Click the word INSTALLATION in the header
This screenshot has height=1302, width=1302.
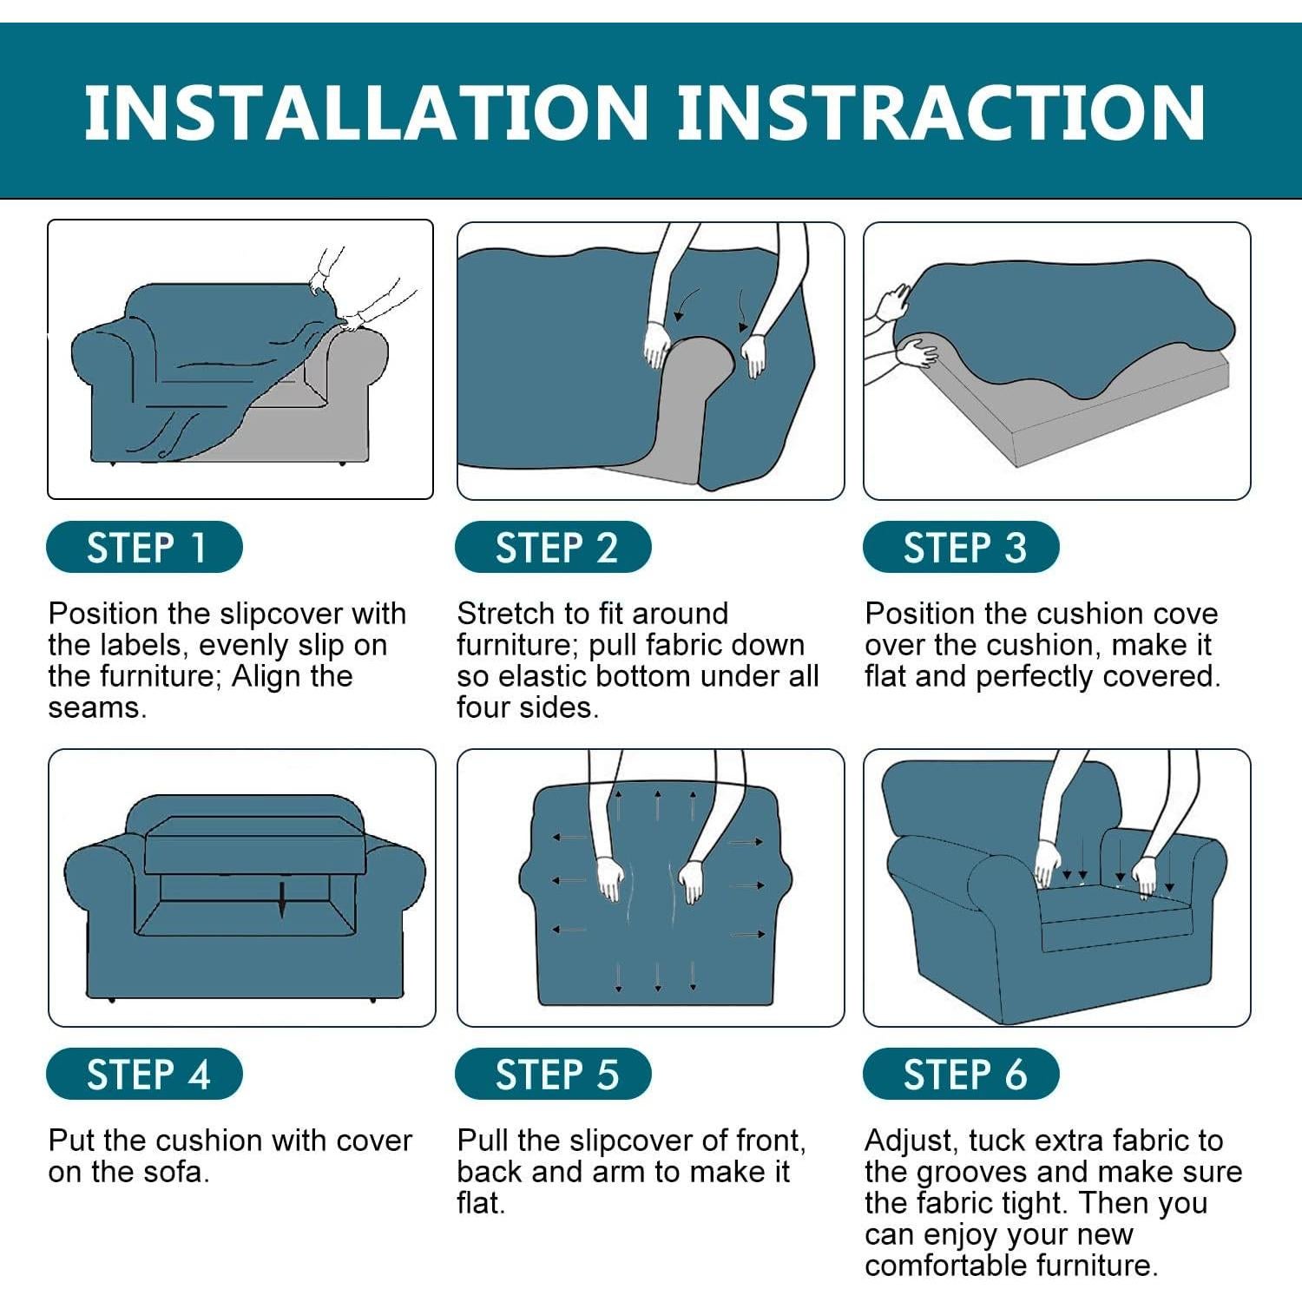pos(366,112)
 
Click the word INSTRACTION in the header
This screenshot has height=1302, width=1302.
pos(941,112)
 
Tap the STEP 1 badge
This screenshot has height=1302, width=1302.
pos(144,547)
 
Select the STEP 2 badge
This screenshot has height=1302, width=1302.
pos(553,547)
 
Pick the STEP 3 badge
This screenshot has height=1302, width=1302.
pos(961,547)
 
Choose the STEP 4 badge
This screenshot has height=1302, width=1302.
pos(144,1074)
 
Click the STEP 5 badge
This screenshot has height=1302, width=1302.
pos(553,1074)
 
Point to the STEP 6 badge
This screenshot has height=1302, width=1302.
pos(961,1074)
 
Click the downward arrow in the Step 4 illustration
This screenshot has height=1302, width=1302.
pos(281,899)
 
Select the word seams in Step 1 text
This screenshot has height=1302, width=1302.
pos(97,708)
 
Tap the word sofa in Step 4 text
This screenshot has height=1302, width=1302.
pos(178,1172)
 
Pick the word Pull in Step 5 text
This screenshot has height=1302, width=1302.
pos(483,1140)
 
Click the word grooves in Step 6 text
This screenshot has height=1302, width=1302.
pos(972,1173)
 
